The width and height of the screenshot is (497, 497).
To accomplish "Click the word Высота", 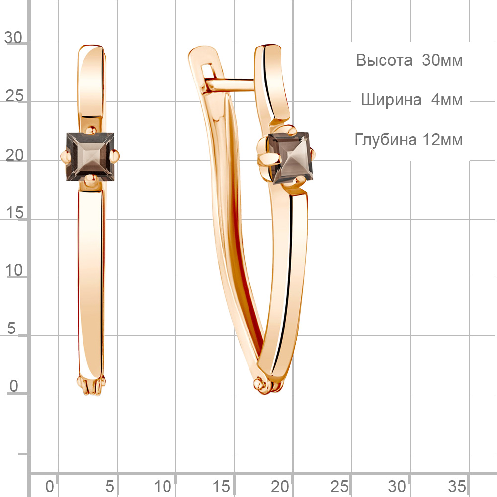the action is click(384, 60).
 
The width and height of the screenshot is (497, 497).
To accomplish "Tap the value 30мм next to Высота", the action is click(442, 60).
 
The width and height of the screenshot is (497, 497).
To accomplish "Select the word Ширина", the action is click(392, 100).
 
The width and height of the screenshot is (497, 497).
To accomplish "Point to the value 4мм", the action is click(447, 100).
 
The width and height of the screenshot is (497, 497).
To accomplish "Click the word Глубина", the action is click(386, 140).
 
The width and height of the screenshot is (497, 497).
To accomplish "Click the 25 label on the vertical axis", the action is click(14, 96).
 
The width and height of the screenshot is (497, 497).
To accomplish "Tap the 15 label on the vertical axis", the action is click(14, 213).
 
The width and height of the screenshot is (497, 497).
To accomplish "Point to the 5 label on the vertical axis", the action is click(11, 328).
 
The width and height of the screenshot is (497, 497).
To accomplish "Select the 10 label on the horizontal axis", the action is click(163, 486).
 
